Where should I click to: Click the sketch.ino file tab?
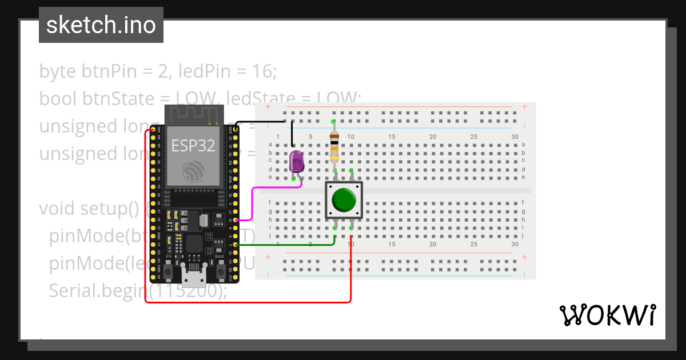point(101,25)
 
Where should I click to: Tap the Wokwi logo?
point(607,315)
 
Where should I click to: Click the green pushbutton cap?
point(344,199)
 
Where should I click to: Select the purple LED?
point(297,162)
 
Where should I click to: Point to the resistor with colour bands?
point(334,146)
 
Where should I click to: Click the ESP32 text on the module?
point(193,145)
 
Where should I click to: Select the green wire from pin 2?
point(286,245)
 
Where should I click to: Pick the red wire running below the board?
point(246,302)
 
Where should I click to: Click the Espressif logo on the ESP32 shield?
point(193,171)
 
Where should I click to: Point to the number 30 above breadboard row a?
point(514,137)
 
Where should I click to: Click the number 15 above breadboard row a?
point(392,137)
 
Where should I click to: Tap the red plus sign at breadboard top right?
point(524,106)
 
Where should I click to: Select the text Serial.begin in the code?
point(92,291)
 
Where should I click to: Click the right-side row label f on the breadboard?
point(523,202)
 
